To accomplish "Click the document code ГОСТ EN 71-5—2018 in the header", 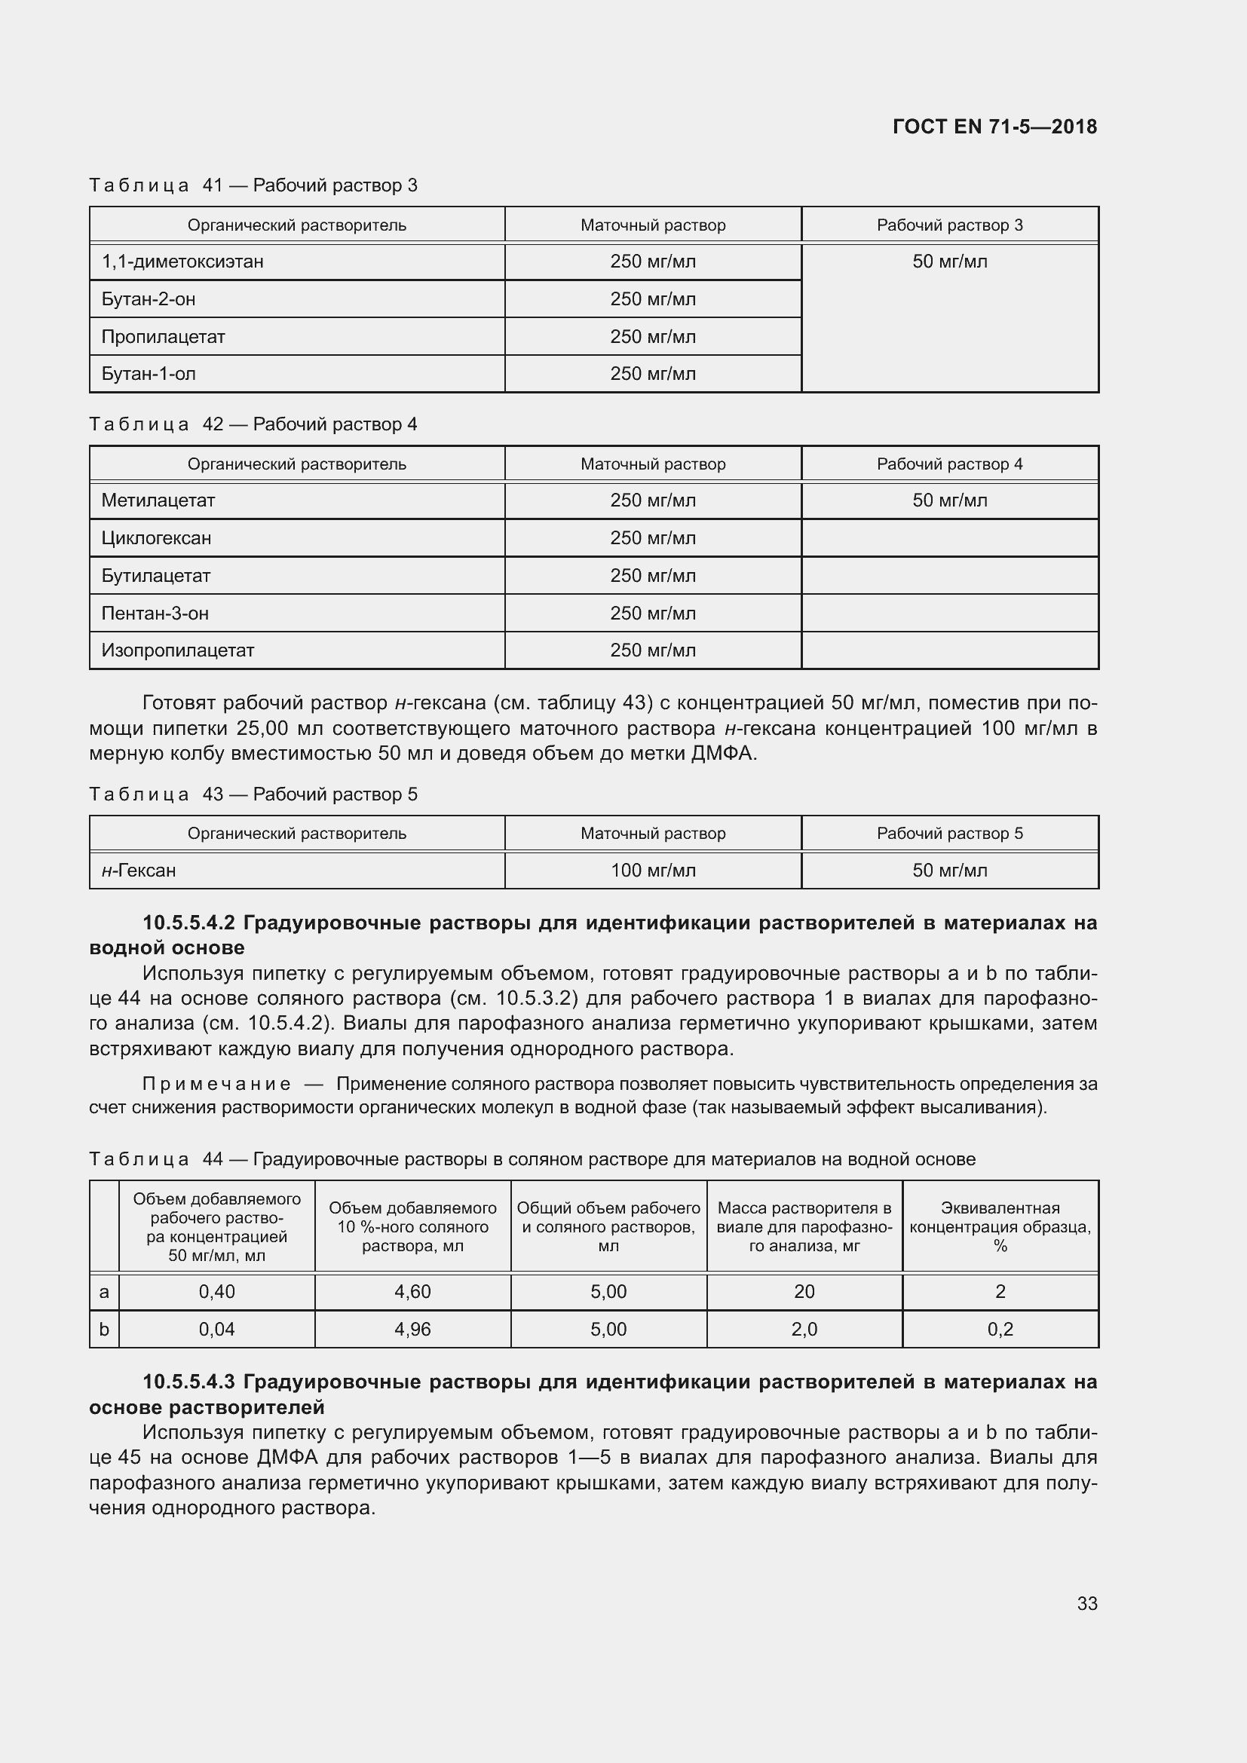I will click(994, 127).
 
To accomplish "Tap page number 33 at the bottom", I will click(1086, 1602).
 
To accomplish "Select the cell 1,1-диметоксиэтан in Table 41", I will click(182, 262).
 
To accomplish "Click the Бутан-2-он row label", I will click(149, 299).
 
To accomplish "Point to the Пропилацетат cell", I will click(163, 337).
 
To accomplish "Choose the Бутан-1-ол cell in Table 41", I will click(149, 374).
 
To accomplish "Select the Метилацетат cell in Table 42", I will click(158, 500).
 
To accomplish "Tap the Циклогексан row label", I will click(156, 538).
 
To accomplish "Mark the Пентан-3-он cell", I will click(155, 614).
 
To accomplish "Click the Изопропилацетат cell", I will click(177, 650).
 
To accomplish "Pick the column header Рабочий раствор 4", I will click(949, 464).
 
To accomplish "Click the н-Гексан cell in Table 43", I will click(139, 871).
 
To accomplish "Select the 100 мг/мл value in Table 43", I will click(653, 871).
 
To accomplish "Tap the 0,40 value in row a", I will click(216, 1292).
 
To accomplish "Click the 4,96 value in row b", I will click(412, 1329).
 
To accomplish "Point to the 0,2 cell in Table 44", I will click(1000, 1329).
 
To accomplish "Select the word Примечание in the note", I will click(216, 1084).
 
